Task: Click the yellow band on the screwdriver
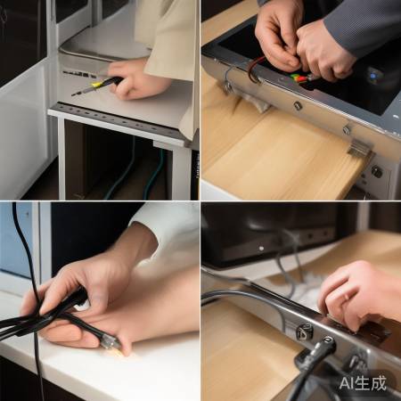point(96,85)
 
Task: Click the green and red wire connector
point(299,78)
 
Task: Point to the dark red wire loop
point(254,70)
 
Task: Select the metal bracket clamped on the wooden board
point(360,149)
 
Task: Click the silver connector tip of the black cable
point(110,344)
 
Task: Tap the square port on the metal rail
point(305,331)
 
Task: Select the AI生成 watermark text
point(363,383)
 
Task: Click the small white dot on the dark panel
point(261,248)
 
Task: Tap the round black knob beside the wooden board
point(377,171)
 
